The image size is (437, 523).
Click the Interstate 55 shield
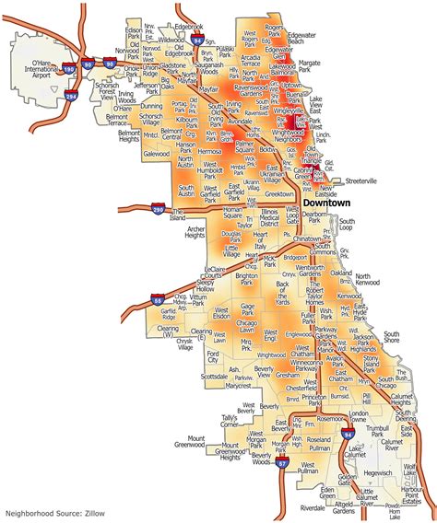click(159, 298)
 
